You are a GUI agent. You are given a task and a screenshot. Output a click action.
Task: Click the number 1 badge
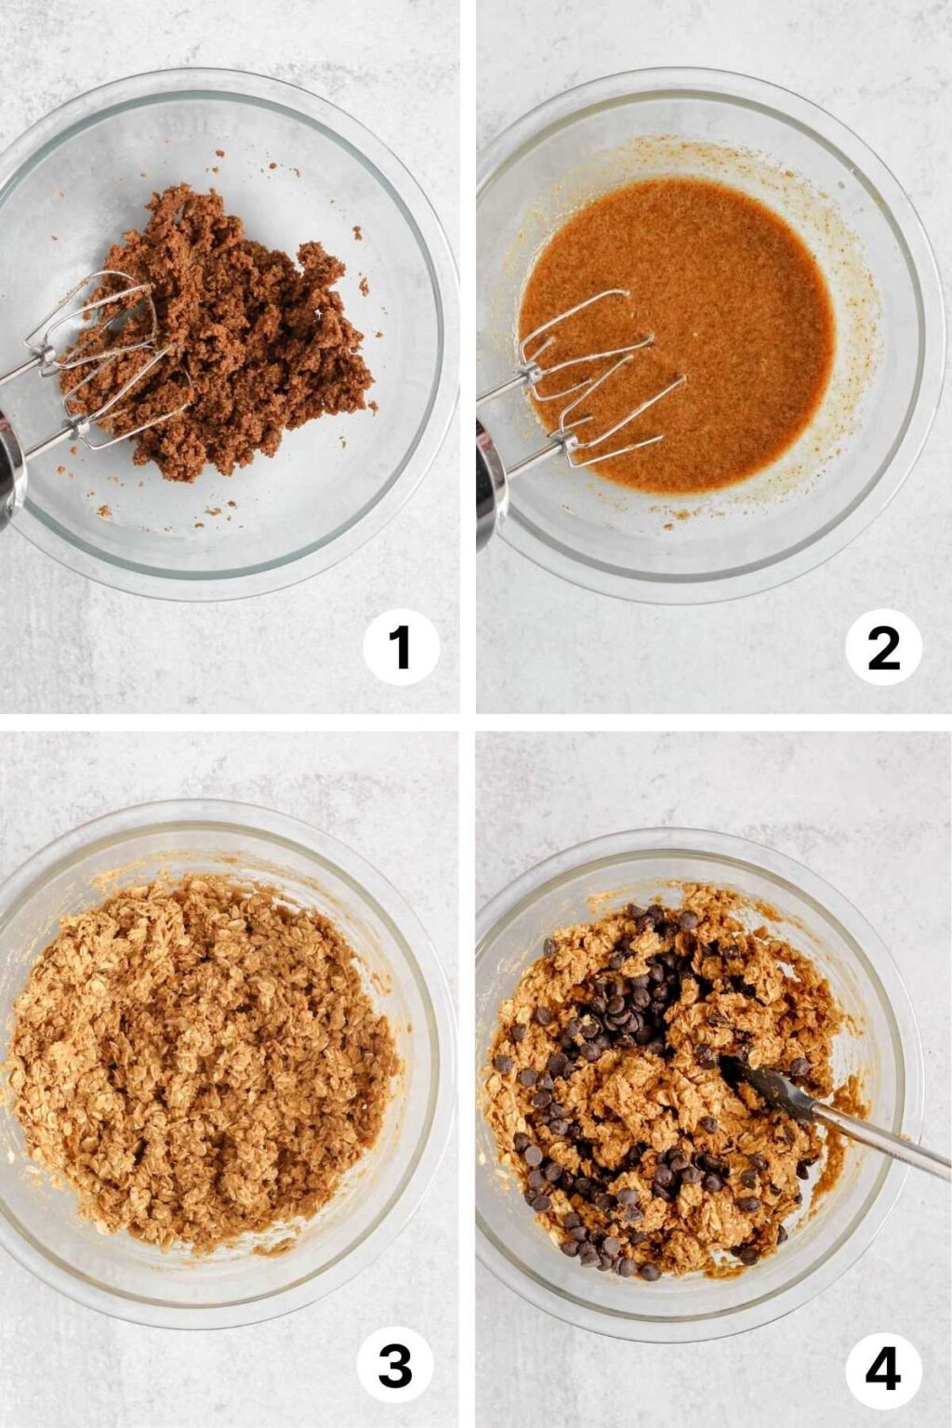click(401, 647)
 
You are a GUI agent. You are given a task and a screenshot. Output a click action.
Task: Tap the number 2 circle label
click(883, 647)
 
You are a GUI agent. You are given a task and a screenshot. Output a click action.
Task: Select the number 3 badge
click(395, 1367)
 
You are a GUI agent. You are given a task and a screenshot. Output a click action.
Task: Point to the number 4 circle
click(883, 1368)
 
